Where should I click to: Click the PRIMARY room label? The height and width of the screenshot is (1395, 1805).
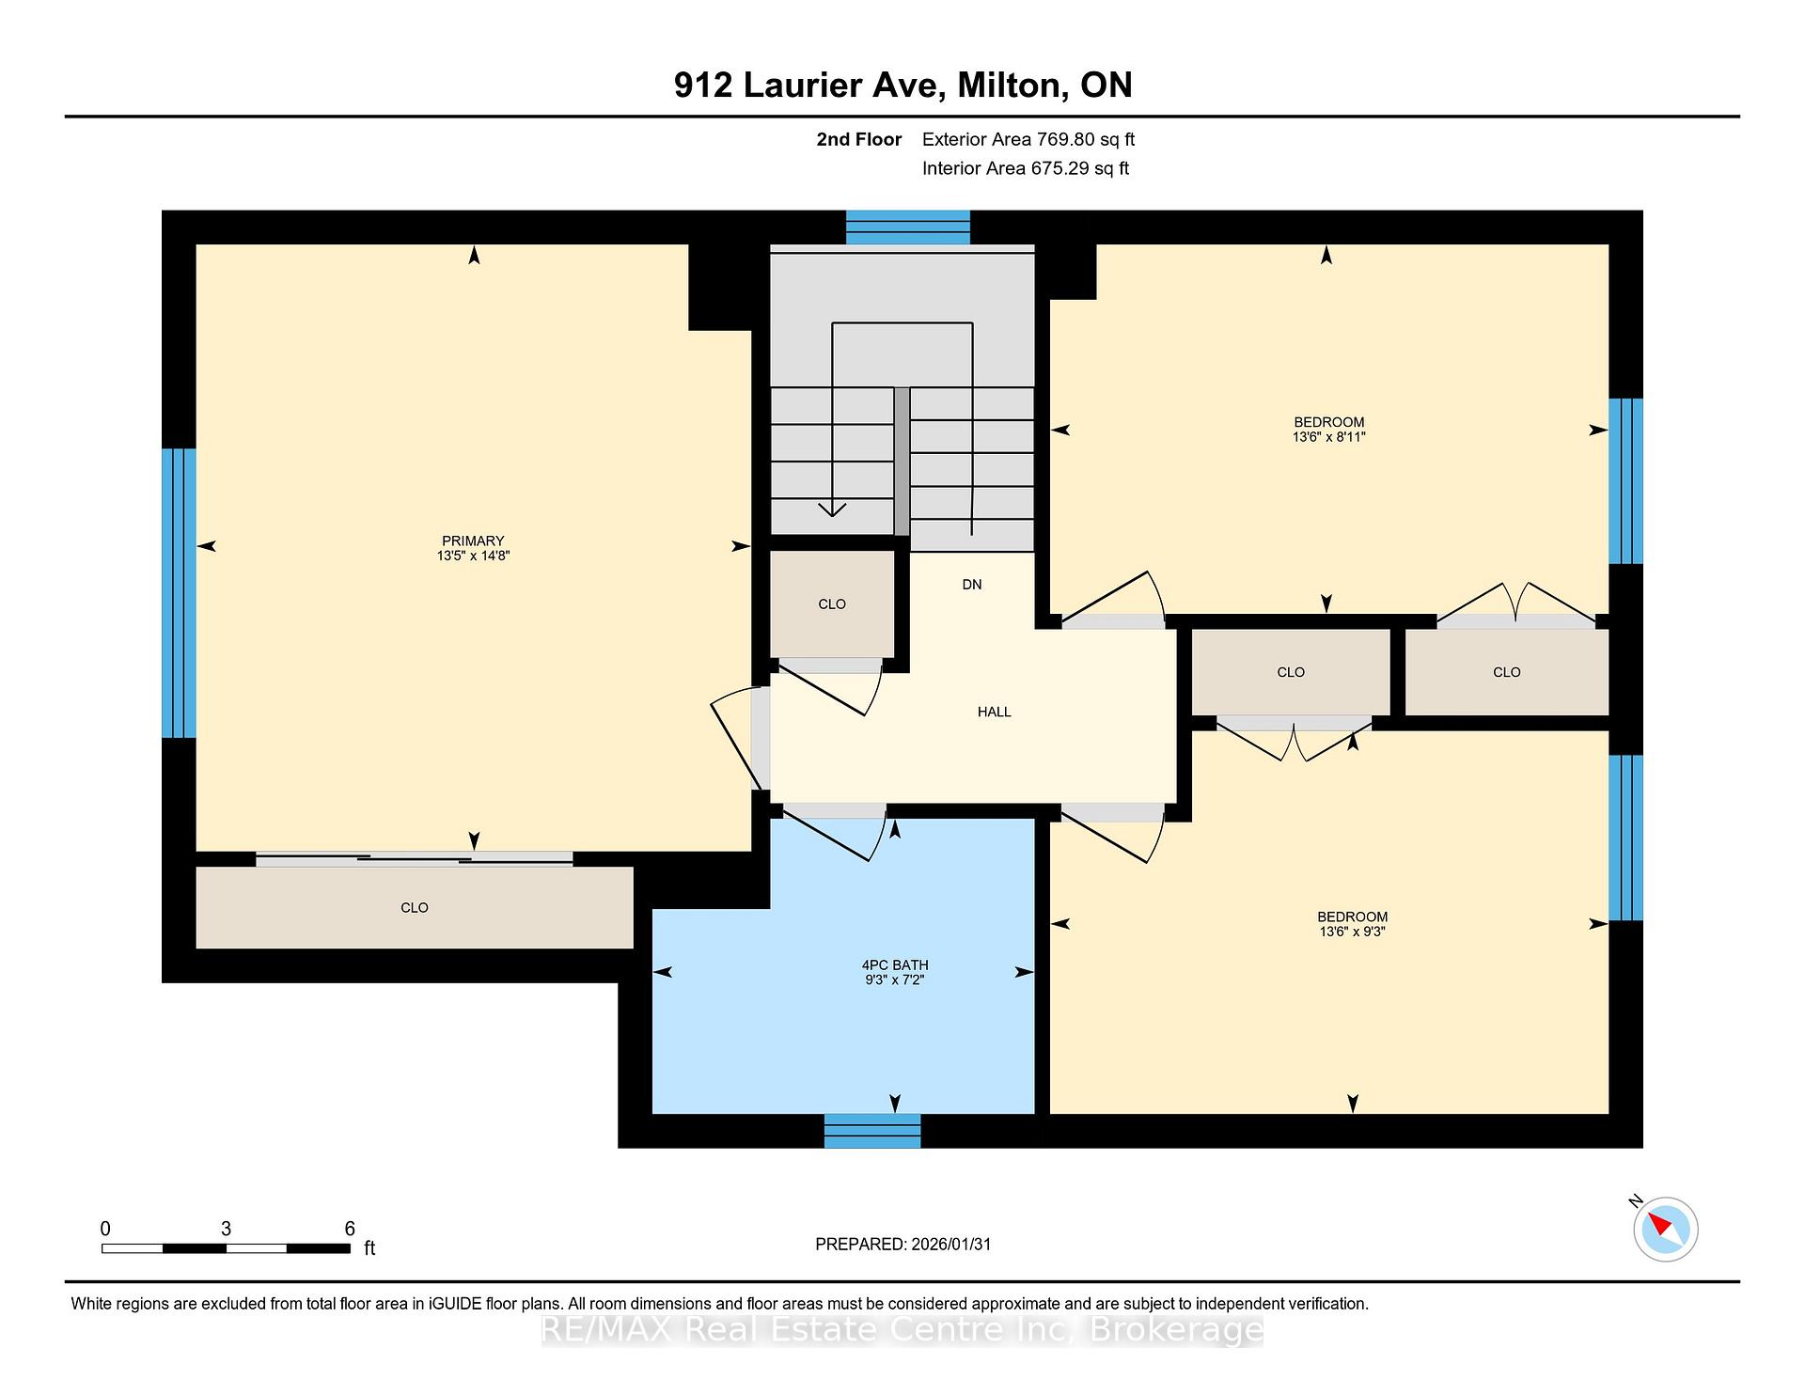coord(473,541)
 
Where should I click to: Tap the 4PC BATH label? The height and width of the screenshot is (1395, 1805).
coord(894,964)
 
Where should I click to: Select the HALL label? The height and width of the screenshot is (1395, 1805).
coord(994,712)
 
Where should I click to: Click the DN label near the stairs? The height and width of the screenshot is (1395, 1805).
coord(971,584)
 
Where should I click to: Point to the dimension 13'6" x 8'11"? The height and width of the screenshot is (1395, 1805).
coord(1328,437)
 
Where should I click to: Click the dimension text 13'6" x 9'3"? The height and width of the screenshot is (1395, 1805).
coord(1352,932)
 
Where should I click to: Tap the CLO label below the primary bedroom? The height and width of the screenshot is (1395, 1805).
coord(414,907)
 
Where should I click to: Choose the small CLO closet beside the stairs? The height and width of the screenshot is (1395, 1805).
coord(831,603)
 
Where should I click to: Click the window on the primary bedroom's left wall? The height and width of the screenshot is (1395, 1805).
coord(179,592)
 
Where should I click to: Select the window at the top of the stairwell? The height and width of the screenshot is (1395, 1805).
coord(907,227)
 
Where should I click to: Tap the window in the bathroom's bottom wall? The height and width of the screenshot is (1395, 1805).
coord(872,1131)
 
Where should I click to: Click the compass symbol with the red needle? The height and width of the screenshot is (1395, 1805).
coord(1665,1229)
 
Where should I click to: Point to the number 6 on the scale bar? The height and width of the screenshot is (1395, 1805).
coord(350,1229)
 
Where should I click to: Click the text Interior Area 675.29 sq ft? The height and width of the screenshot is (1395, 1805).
coord(1025,168)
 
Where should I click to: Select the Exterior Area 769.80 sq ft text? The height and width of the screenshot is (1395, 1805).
coord(1028,139)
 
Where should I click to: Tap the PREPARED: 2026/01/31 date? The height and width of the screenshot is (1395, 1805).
coord(902,1244)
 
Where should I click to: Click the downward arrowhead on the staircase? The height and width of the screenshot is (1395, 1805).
coord(832,509)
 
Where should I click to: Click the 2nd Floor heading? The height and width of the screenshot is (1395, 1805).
coord(858,139)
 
